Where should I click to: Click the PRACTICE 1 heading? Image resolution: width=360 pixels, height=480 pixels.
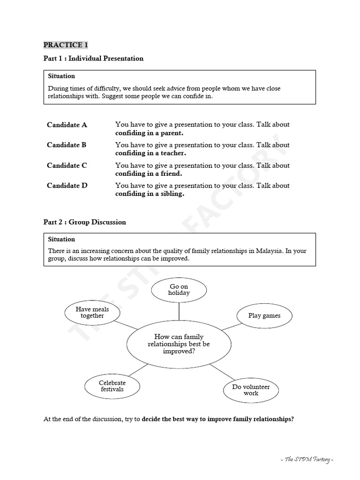[x=66, y=45]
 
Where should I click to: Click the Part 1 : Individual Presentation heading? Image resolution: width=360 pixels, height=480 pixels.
[x=93, y=59]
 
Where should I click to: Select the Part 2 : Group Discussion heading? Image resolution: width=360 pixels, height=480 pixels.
[x=85, y=222]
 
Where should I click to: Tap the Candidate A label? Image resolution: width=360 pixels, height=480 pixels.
[x=67, y=125]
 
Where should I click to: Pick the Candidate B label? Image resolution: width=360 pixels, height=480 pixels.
[x=67, y=145]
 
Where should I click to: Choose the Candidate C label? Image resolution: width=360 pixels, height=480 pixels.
[x=67, y=165]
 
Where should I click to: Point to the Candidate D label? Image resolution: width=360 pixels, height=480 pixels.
[x=67, y=186]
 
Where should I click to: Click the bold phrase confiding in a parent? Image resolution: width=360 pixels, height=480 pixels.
[x=149, y=133]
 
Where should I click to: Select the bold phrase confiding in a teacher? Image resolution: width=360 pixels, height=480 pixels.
[x=150, y=153]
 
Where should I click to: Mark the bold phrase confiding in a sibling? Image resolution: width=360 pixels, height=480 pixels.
[x=150, y=194]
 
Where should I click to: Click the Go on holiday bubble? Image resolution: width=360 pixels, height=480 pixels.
[x=179, y=290]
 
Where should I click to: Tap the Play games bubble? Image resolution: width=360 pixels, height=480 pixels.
[x=264, y=315]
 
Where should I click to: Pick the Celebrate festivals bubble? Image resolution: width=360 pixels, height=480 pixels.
[x=112, y=386]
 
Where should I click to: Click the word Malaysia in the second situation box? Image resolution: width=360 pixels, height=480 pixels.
[x=269, y=251]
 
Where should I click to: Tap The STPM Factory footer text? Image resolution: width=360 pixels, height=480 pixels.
[x=309, y=459]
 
